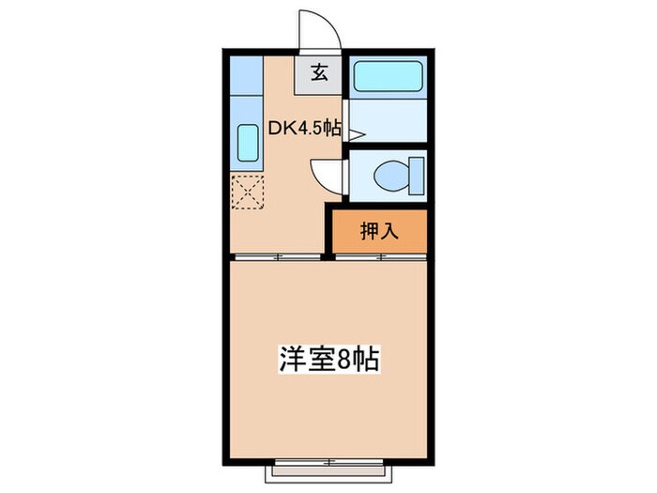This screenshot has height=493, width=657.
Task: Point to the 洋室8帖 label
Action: point(328,359)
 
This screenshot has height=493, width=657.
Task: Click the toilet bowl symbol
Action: point(389,176)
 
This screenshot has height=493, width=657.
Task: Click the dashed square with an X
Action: point(249,193)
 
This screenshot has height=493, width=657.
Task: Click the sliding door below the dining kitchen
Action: point(278,255)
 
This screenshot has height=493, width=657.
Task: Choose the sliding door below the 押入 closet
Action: point(380,255)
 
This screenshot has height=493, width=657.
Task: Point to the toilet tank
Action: point(416,176)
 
